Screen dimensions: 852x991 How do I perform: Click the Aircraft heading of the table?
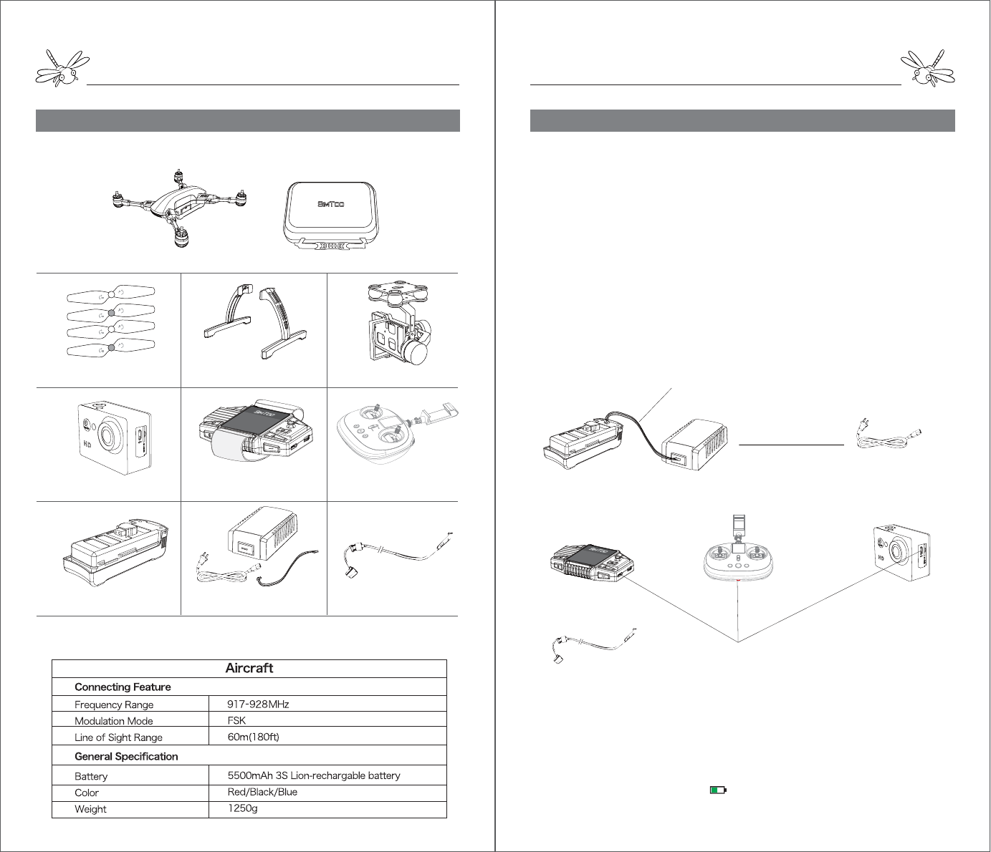[249, 668]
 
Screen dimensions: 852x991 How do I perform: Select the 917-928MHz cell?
[258, 705]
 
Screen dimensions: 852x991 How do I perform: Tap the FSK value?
[236, 721]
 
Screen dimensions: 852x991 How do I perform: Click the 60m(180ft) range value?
[253, 737]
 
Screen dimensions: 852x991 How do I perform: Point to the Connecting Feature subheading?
[123, 687]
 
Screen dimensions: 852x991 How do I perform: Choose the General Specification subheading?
[126, 757]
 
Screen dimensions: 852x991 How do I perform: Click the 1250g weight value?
[242, 809]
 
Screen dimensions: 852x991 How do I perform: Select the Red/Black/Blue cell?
[262, 793]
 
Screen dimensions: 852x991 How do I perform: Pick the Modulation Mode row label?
[114, 721]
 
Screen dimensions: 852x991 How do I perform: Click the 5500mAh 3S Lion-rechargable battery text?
[314, 776]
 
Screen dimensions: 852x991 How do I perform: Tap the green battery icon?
[717, 790]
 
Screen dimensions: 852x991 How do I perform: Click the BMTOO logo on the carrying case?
[331, 204]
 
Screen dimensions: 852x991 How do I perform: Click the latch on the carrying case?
[331, 246]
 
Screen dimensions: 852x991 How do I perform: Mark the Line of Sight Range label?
[118, 737]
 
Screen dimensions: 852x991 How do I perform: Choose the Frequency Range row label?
[114, 705]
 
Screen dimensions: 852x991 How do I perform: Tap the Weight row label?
[90, 810]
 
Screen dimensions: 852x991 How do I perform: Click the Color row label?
[87, 793]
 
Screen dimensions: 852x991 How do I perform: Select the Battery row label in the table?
[91, 777]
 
